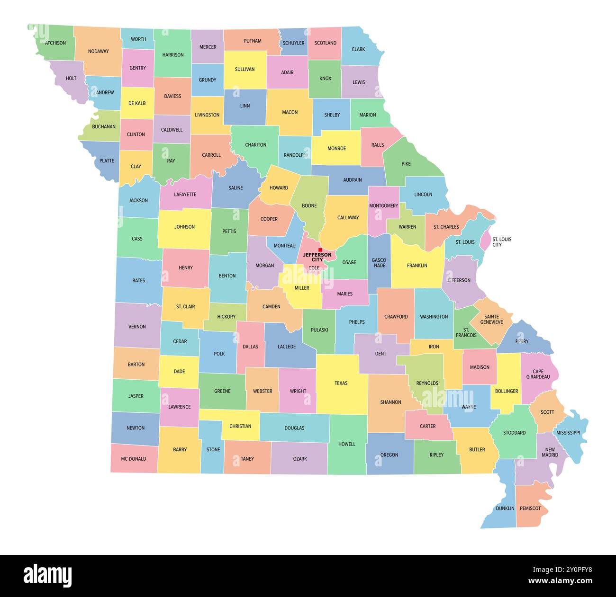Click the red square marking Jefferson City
[x=320, y=250]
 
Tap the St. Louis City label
[x=502, y=242]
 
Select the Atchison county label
[x=55, y=43]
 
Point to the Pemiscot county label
[x=530, y=508]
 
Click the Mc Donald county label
[x=133, y=459]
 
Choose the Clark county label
[x=358, y=49]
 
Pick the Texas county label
[x=341, y=383]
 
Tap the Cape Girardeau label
[x=538, y=374]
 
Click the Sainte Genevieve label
[x=491, y=319]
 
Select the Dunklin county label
[x=505, y=508]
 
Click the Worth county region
[x=138, y=39]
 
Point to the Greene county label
[x=222, y=391]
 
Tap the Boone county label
[x=309, y=206]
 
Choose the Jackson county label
[x=138, y=200]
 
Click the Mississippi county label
[x=568, y=433]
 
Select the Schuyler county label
[x=293, y=43]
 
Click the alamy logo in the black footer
[x=47, y=575]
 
